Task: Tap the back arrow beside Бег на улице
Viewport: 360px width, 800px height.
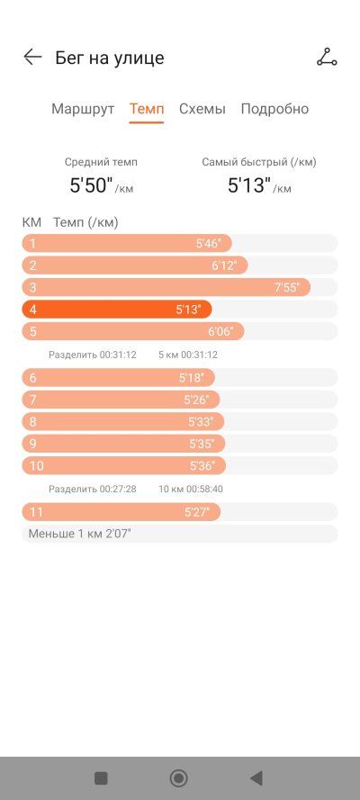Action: [x=32, y=58]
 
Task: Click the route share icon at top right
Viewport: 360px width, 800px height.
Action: [x=327, y=58]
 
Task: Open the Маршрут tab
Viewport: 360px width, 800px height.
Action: [x=83, y=109]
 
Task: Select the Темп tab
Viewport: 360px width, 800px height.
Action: [x=147, y=109]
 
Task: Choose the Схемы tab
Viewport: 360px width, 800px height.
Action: [x=202, y=109]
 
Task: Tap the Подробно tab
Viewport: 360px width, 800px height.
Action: [x=274, y=109]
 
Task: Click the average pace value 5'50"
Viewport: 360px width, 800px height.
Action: [x=91, y=185]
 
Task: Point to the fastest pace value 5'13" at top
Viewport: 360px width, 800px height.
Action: [x=249, y=185]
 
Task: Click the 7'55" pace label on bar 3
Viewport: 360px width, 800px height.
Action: [x=286, y=288]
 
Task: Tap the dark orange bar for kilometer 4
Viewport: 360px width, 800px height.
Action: [x=117, y=310]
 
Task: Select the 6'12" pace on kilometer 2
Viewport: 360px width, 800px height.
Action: [x=224, y=265]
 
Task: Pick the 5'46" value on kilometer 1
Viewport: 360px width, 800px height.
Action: [x=208, y=244]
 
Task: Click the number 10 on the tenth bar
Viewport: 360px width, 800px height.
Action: [x=37, y=466]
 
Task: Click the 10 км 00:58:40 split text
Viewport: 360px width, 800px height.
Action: [x=191, y=490]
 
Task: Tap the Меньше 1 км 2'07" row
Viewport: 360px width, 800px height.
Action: [x=179, y=535]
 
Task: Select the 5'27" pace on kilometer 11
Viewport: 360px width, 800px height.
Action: [x=197, y=512]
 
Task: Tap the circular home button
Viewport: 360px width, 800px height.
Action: [x=178, y=778]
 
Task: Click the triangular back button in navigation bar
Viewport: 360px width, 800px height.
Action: [x=256, y=778]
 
